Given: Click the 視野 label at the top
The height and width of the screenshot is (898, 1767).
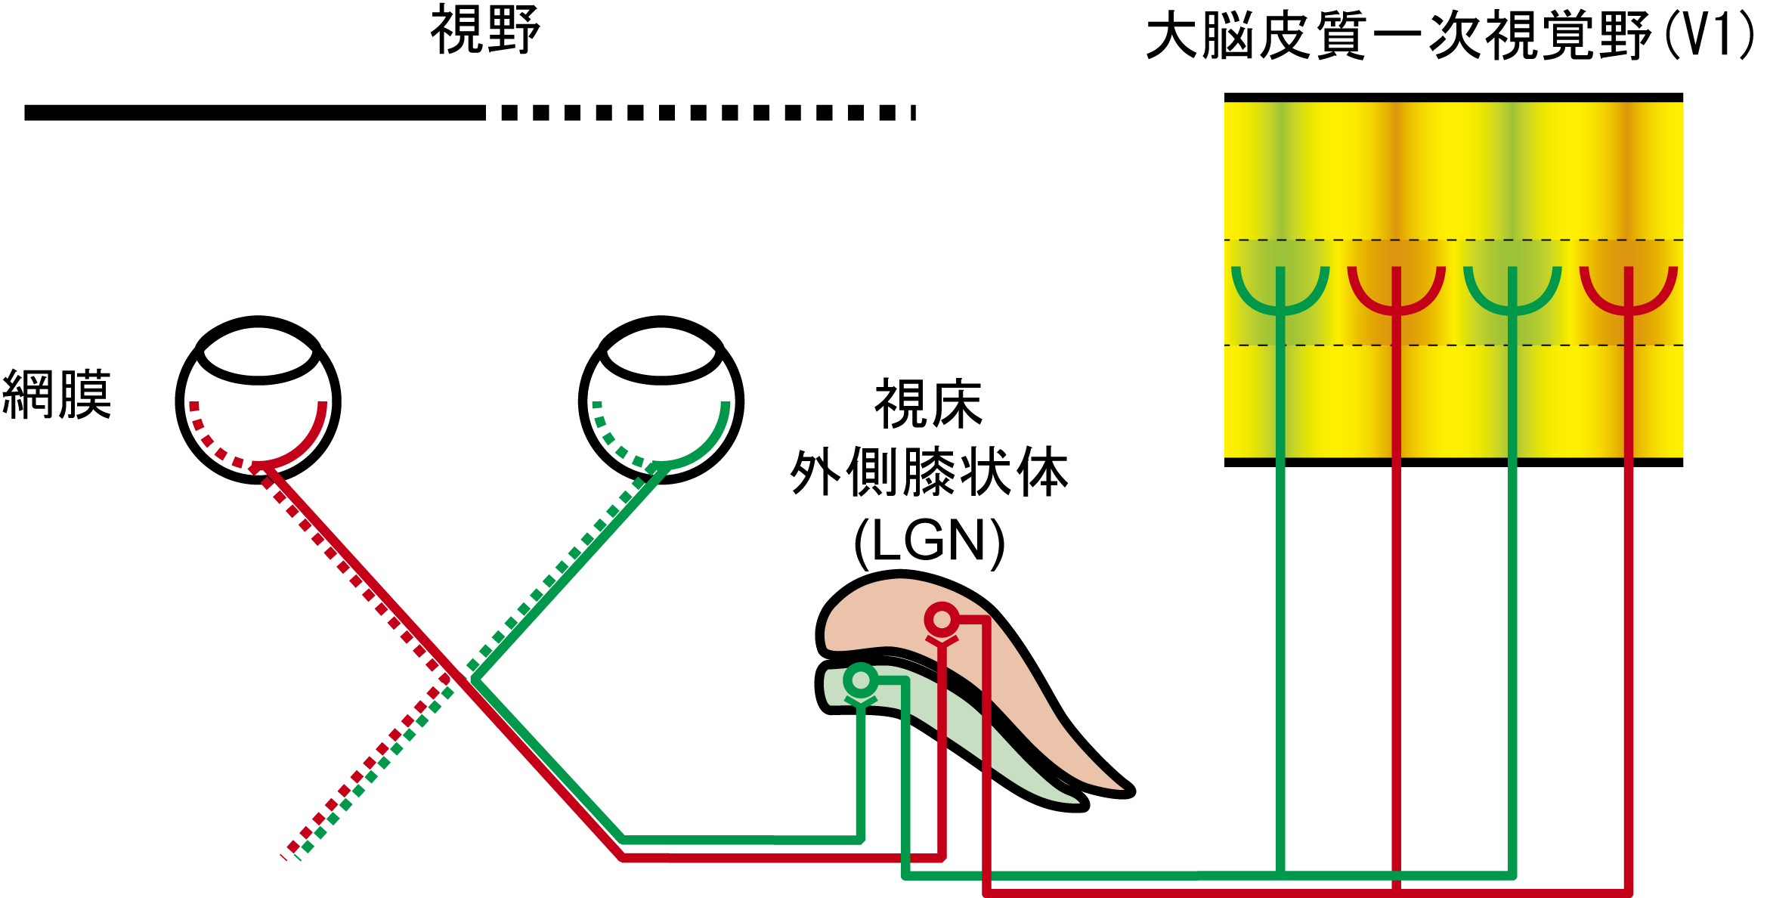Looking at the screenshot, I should click(485, 30).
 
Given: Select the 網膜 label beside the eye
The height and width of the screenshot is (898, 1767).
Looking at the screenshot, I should click(57, 394).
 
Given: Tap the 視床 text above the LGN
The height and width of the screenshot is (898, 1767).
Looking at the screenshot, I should click(928, 404).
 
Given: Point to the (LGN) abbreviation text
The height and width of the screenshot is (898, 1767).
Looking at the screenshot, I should click(929, 541).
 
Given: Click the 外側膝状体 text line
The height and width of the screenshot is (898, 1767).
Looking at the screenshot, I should click(929, 472).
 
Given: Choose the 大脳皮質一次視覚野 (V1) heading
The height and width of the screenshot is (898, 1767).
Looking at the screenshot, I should click(1450, 36).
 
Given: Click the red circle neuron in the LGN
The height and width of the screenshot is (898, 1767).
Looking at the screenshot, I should click(942, 620).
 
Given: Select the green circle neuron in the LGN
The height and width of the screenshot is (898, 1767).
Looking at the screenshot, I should click(860, 680).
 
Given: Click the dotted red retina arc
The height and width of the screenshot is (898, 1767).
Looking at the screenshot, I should click(209, 442).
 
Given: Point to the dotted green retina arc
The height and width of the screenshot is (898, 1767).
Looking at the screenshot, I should click(611, 442).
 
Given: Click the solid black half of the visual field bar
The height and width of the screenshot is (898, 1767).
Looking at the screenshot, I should click(255, 113).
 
